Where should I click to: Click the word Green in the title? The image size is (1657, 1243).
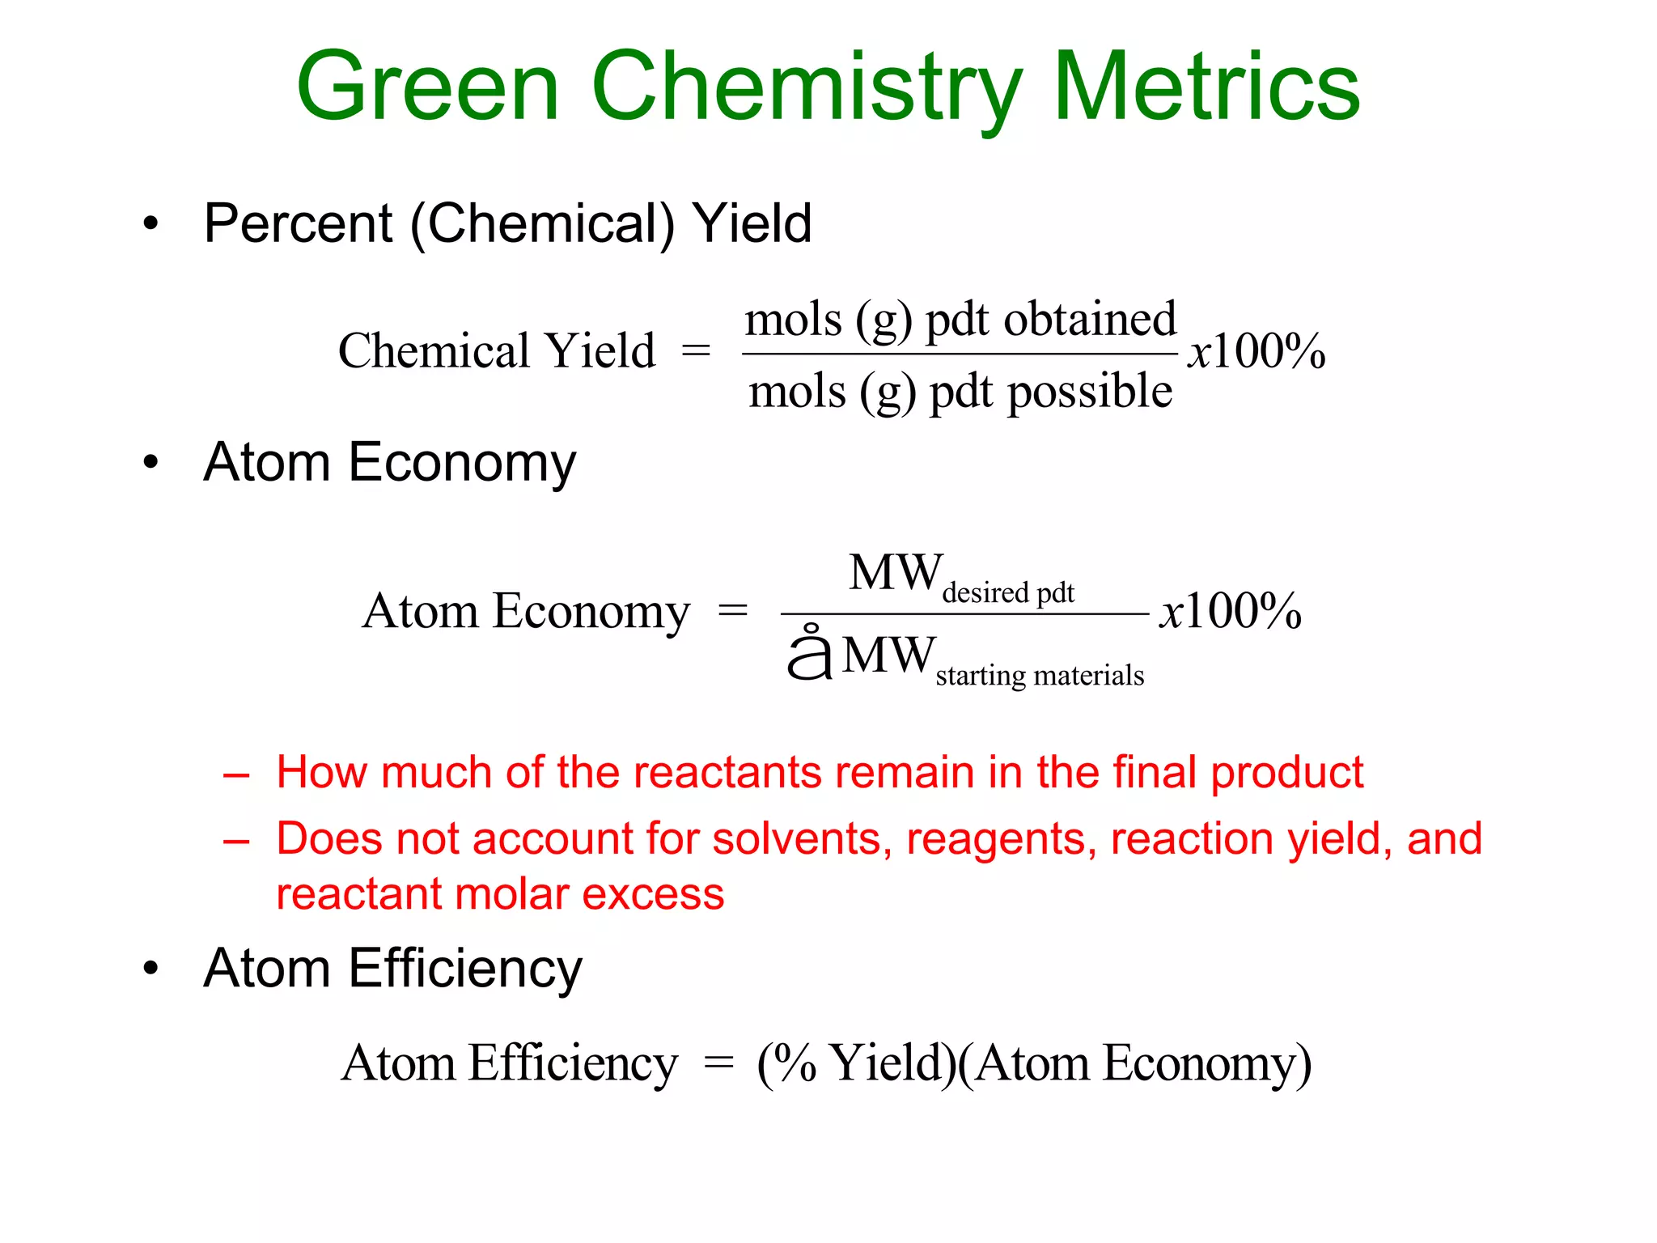coord(428,87)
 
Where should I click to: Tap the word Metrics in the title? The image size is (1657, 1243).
coord(1206,87)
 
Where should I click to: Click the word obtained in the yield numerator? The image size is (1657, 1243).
coord(1090,319)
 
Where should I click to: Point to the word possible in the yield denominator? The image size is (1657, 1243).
coord(1089,392)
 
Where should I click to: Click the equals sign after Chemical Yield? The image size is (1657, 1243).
coord(696,351)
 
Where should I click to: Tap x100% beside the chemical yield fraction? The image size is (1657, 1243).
coord(1256,351)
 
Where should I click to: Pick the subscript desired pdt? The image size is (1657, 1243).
coord(1008,592)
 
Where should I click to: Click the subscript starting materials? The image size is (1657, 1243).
coord(1040,675)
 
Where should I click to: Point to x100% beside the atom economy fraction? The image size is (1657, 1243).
coord(1230,611)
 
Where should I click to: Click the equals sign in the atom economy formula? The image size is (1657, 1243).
coord(733,611)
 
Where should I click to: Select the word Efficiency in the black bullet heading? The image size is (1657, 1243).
coord(465,969)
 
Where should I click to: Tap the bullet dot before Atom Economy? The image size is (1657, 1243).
coord(150,463)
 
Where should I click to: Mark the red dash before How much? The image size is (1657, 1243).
coord(236,775)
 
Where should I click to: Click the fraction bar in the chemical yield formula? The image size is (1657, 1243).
coord(960,354)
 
